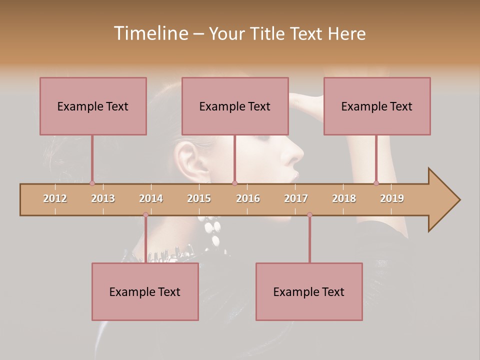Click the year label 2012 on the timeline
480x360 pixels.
click(x=55, y=198)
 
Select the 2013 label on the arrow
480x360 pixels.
click(x=103, y=198)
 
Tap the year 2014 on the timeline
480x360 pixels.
click(x=151, y=198)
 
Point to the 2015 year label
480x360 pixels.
click(x=199, y=198)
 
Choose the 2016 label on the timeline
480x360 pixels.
click(x=248, y=198)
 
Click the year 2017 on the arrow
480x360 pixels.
click(x=296, y=198)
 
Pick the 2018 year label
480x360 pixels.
click(x=344, y=198)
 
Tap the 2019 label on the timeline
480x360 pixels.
click(x=392, y=198)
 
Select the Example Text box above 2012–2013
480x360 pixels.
click(x=93, y=106)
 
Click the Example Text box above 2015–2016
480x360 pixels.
click(x=235, y=106)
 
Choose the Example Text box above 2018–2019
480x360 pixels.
click(x=377, y=106)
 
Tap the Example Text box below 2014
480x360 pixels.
click(x=145, y=291)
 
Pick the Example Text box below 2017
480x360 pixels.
click(x=309, y=291)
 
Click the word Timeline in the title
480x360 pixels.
click(x=150, y=33)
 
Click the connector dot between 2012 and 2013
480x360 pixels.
click(x=92, y=183)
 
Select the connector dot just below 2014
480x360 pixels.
click(x=145, y=215)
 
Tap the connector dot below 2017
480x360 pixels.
click(x=309, y=215)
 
